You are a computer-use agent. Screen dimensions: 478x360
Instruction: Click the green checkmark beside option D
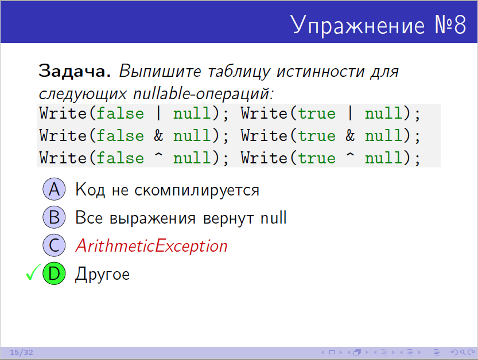(33, 272)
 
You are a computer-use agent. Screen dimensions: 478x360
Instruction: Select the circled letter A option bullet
(54, 189)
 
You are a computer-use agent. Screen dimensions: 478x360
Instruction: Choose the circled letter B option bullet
(54, 217)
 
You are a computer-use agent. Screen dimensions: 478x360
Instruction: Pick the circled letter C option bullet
(54, 245)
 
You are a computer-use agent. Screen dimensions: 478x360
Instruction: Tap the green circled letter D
(54, 273)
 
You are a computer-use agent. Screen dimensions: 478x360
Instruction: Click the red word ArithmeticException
(151, 246)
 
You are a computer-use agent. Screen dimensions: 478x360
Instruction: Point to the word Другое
(102, 275)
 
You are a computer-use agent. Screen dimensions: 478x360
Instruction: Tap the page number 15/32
(21, 353)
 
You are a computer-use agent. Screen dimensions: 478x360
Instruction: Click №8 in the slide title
(450, 25)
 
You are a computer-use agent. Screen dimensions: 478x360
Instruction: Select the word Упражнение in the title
(357, 25)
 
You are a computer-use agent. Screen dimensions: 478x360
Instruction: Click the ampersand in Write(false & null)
(158, 135)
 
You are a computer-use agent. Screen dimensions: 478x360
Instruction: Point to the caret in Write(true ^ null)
(350, 155)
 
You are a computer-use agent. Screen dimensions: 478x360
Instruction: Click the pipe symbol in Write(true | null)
(350, 114)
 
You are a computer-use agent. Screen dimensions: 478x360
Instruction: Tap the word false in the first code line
(120, 114)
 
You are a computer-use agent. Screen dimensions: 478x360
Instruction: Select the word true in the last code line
(317, 158)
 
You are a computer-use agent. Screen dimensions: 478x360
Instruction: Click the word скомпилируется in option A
(197, 190)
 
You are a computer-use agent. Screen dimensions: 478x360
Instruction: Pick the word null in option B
(274, 217)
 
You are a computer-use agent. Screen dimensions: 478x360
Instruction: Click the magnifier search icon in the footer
(463, 353)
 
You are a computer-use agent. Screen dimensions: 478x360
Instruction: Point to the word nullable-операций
(204, 93)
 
